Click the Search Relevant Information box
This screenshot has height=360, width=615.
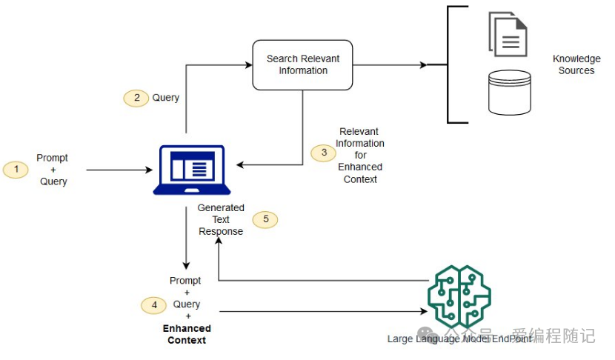tap(302, 64)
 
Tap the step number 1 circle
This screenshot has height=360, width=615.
tap(16, 170)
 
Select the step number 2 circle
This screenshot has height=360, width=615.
tap(136, 98)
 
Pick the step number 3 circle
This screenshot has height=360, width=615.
tap(323, 153)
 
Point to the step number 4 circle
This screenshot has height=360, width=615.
tap(154, 304)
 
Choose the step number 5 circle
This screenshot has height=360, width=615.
tap(265, 219)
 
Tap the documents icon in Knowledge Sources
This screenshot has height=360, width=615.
tap(508, 33)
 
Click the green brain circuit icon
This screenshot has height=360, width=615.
tap(459, 297)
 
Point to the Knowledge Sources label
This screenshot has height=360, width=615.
tap(576, 64)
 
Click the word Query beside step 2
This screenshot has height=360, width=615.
tap(166, 98)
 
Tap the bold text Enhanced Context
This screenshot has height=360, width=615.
tap(187, 334)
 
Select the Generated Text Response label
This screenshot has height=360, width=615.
tap(220, 219)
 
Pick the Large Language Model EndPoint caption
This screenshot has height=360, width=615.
tap(459, 339)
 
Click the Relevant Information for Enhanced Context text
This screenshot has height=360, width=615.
tap(360, 155)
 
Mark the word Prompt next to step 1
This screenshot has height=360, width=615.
tap(52, 158)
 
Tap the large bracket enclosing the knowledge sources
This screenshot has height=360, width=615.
tap(449, 64)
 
